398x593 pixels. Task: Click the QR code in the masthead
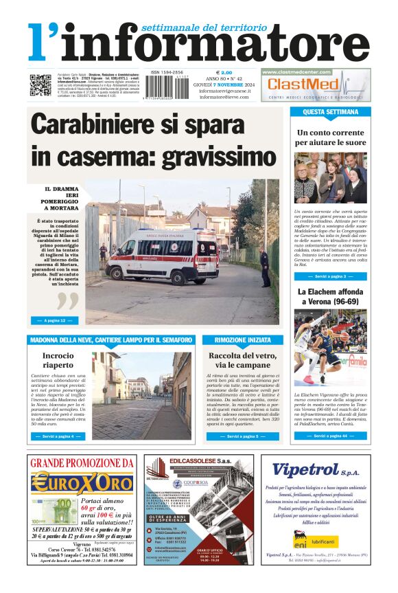coord(40,85)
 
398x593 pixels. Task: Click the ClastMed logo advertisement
coord(315,85)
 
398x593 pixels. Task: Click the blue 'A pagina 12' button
coord(54,320)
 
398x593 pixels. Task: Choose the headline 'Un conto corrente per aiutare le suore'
coord(330,137)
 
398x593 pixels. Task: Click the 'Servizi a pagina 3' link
coord(331,276)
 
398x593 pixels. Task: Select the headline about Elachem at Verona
coord(330,296)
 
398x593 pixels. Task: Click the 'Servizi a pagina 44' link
coord(331,435)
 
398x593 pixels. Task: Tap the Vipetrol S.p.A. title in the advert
coord(316,470)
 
